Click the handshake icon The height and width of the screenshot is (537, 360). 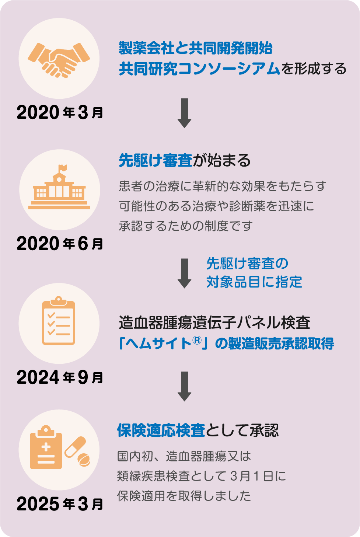click(59, 59)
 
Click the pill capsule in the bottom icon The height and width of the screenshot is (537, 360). click(75, 446)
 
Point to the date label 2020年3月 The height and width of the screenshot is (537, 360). click(60, 112)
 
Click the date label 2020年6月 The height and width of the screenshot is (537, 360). click(60, 243)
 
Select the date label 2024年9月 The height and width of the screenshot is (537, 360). click(60, 377)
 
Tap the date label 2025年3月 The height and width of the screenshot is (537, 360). click(60, 503)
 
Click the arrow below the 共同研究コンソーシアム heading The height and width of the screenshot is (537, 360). click(184, 113)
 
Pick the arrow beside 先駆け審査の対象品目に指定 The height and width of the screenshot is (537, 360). click(184, 273)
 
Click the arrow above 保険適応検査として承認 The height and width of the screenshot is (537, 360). click(184, 386)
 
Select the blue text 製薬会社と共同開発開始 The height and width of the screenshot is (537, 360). click(195, 48)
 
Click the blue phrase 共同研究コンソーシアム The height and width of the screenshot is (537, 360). click(199, 69)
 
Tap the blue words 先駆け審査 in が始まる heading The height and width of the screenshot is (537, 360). click(155, 161)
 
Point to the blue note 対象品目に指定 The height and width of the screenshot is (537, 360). click(254, 282)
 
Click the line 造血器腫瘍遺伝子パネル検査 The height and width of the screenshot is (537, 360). click(214, 322)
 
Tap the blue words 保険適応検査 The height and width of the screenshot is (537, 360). click(161, 430)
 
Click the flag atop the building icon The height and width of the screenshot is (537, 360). click(62, 168)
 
